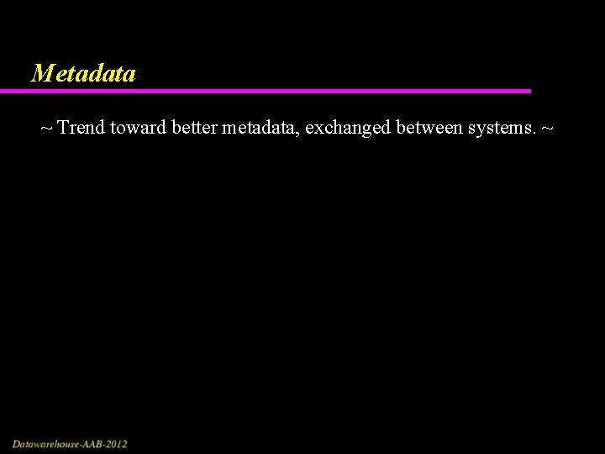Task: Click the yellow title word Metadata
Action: pos(82,74)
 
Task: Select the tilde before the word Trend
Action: pos(46,129)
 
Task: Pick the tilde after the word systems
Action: pos(548,129)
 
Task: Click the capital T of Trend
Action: pos(64,129)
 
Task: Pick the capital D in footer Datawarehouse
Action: pos(16,443)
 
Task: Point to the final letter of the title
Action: pos(129,75)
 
